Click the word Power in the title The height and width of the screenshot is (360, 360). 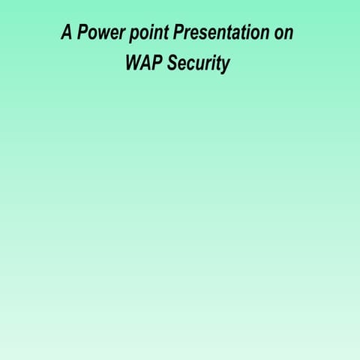[x=102, y=33]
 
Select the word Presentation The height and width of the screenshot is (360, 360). [x=220, y=33]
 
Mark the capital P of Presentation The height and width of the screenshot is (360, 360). [x=178, y=33]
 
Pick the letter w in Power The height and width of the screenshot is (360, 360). [x=106, y=34]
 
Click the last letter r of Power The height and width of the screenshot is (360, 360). [x=123, y=34]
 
